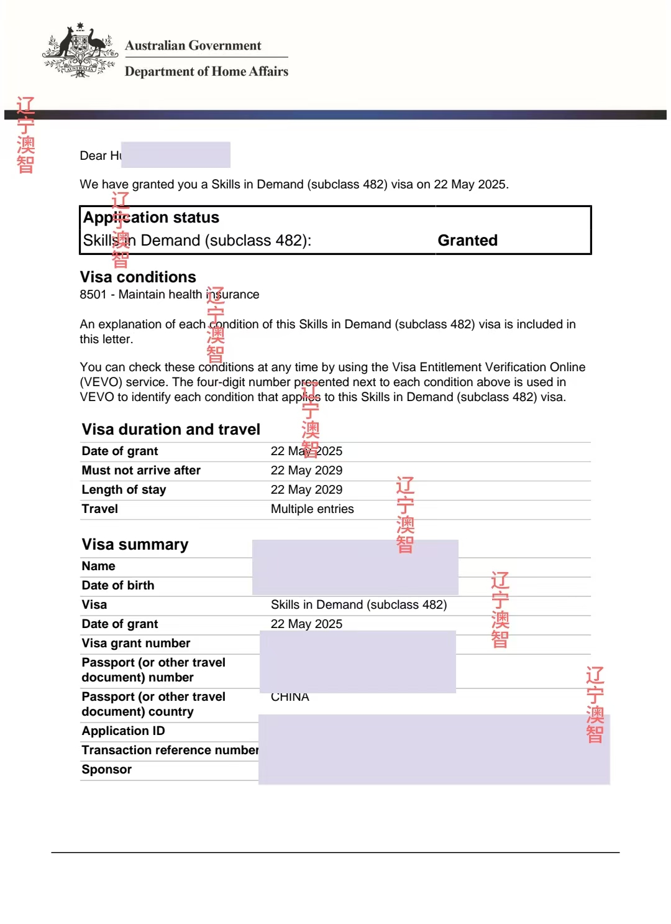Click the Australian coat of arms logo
(x=80, y=51)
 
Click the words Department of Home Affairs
(x=206, y=72)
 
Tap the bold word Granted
(x=467, y=241)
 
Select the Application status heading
(x=151, y=218)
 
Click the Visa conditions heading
(x=138, y=277)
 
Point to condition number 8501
(x=93, y=295)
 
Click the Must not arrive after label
(x=141, y=471)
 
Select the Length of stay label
(x=124, y=490)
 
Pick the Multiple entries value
(x=312, y=509)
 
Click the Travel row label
(x=99, y=509)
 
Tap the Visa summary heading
(x=135, y=545)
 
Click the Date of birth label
(x=117, y=586)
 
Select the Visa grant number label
(x=135, y=644)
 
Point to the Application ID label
(x=123, y=731)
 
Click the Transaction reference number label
(x=170, y=751)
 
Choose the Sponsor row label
(x=106, y=770)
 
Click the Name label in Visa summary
(x=98, y=566)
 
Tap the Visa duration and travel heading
(x=171, y=430)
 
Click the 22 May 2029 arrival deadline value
(x=306, y=471)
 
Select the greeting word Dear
(x=93, y=156)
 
